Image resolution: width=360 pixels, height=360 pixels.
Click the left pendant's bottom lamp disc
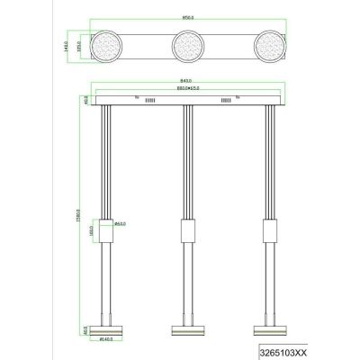point(105,328)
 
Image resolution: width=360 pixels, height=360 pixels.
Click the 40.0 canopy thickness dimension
point(85,98)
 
